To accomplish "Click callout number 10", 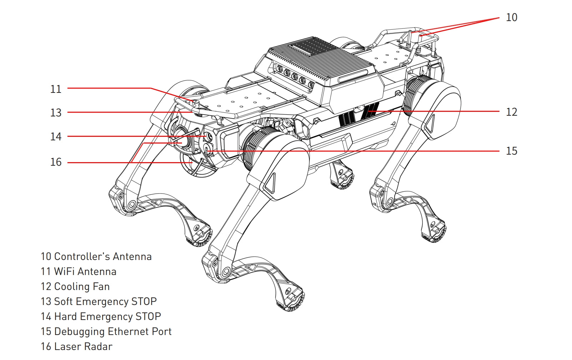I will [511, 17].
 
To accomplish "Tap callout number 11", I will [56, 89].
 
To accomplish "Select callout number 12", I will [511, 112].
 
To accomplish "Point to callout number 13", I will [56, 113].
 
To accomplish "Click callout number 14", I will [56, 137].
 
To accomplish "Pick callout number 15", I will [511, 151].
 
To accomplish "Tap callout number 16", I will [56, 162].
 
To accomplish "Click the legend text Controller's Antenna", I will [103, 257].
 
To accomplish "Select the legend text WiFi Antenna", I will [85, 272].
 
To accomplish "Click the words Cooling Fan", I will [82, 287].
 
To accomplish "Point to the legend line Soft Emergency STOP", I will [105, 302].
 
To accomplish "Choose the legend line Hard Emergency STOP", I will [107, 317].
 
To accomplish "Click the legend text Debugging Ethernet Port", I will [113, 332].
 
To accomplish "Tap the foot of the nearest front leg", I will [291, 302].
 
